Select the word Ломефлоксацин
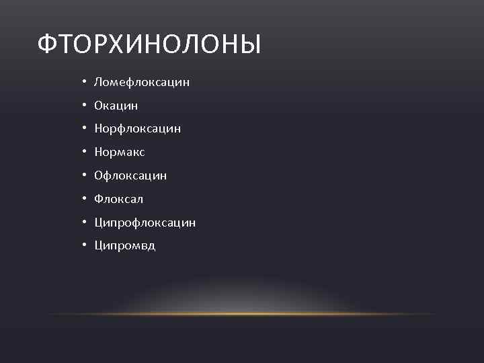142,82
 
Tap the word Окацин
116,106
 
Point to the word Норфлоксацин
138,128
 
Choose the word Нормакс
120,152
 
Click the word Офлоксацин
130,175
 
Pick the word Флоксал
118,199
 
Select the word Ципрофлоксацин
145,222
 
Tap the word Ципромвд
124,245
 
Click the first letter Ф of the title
48,45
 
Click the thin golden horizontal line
242,314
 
